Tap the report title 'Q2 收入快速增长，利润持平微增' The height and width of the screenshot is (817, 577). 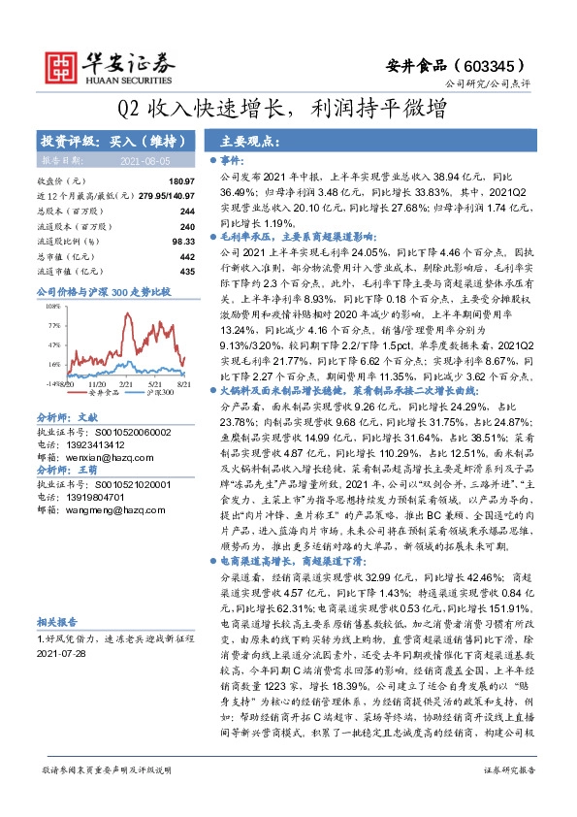coord(289,109)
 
